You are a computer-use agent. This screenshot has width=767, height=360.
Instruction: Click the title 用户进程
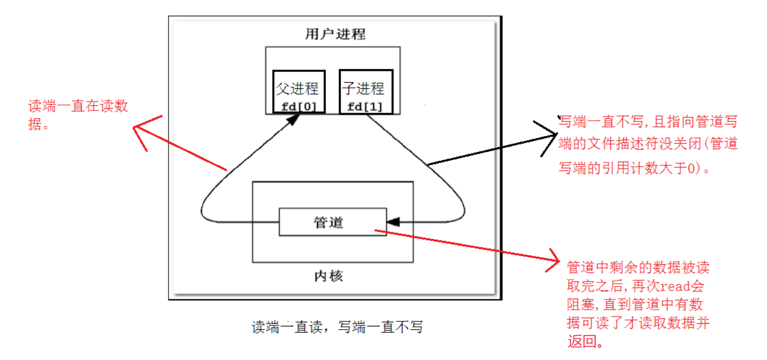tap(335, 34)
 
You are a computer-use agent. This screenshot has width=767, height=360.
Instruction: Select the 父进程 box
tap(299, 91)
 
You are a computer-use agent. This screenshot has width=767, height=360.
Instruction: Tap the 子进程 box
tap(366, 91)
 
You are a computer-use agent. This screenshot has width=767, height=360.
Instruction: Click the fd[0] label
tap(299, 107)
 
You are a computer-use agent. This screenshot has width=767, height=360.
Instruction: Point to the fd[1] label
tap(365, 107)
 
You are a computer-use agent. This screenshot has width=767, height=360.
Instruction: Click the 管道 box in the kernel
tap(332, 222)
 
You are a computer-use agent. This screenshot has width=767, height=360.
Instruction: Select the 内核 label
tap(329, 276)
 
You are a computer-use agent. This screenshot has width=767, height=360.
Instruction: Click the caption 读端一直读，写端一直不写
tap(337, 327)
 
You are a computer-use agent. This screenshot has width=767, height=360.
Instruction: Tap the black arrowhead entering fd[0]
tap(293, 119)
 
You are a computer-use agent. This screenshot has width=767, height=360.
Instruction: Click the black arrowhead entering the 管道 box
tap(393, 222)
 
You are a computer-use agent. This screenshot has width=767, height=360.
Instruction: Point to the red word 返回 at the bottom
tap(582, 342)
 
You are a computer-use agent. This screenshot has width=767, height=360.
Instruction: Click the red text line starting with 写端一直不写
tap(648, 122)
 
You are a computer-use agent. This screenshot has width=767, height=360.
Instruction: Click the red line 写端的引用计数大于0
tap(633, 168)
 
